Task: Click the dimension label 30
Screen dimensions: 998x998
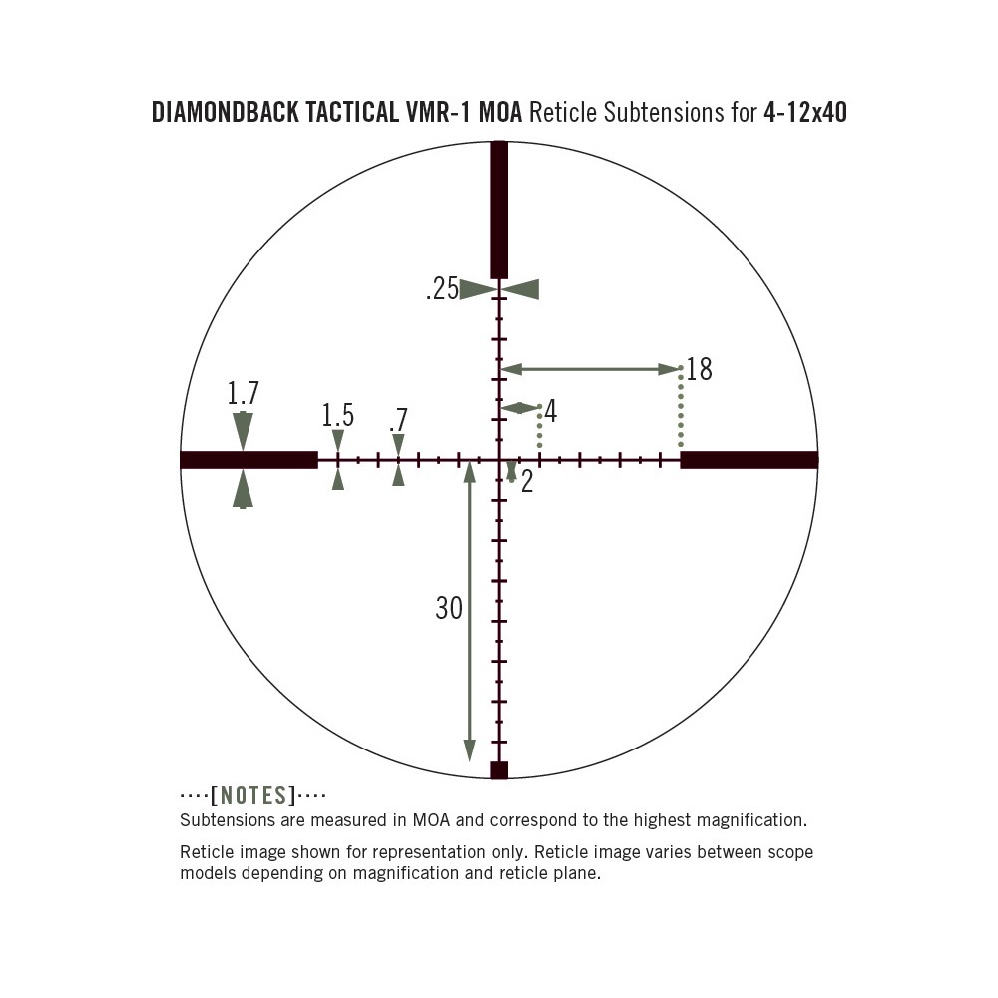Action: [449, 608]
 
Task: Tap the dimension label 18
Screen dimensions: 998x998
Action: [699, 370]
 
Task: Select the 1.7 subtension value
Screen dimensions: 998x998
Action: [244, 393]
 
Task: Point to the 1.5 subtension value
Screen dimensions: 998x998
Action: [338, 415]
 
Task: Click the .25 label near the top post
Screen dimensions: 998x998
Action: [442, 289]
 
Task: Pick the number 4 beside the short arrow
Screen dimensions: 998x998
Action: [551, 411]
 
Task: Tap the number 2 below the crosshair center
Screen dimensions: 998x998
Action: [526, 482]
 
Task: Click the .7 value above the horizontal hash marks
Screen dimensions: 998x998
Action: [398, 421]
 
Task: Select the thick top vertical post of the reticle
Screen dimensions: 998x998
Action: [499, 210]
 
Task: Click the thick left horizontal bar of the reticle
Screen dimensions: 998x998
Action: [249, 459]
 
